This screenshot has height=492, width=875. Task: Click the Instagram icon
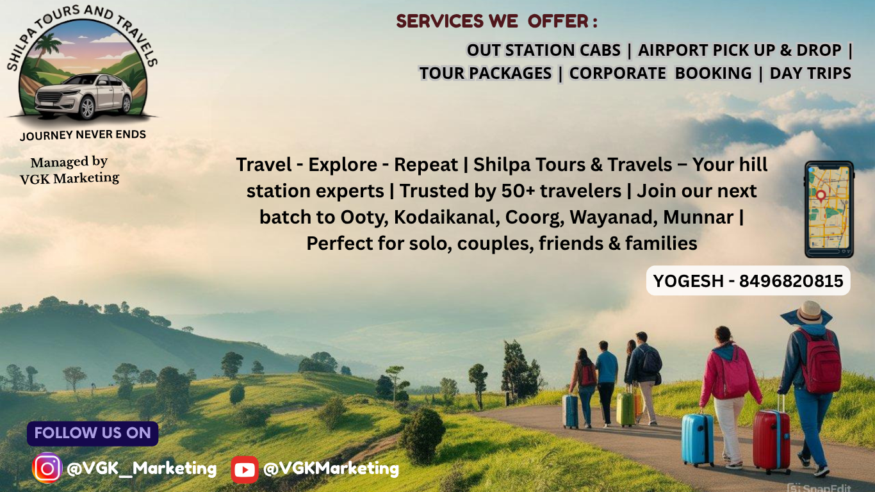[47, 468]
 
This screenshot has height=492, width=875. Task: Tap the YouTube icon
[245, 470]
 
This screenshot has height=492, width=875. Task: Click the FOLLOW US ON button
[93, 433]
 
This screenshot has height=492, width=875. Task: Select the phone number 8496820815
[791, 281]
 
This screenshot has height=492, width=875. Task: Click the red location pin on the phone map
[821, 195]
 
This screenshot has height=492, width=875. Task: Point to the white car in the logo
[83, 95]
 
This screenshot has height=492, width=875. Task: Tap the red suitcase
[771, 441]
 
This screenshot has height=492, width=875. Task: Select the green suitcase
[625, 409]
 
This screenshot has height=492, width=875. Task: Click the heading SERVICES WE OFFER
[496, 21]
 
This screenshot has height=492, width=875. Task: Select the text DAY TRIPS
[810, 74]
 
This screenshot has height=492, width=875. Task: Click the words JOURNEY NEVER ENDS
[83, 135]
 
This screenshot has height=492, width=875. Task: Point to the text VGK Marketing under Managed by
[70, 179]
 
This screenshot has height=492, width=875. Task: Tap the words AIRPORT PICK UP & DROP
[739, 50]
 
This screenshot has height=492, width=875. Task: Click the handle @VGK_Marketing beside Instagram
[142, 468]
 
